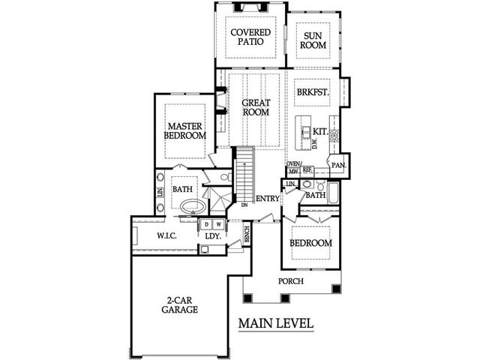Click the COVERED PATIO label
point(250,38)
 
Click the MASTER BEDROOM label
point(186,131)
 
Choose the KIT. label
point(320,131)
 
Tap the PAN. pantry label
point(338,164)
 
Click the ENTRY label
point(268,199)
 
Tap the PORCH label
point(290,281)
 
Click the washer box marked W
point(218,223)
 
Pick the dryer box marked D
point(206,223)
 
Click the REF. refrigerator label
point(307,170)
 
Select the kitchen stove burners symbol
point(334,136)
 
